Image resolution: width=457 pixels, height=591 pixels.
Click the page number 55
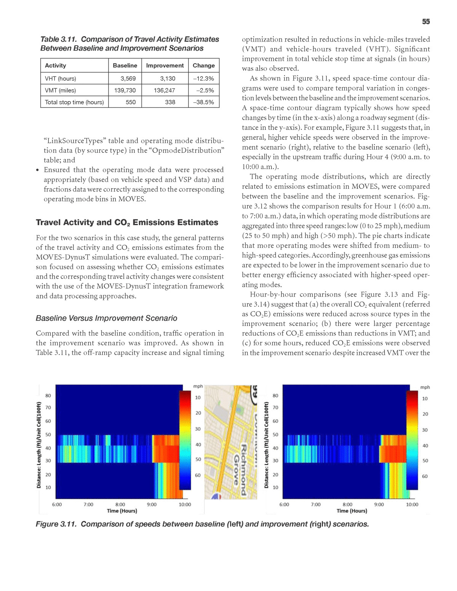[426, 22]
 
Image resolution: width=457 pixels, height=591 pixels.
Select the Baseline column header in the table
[125, 65]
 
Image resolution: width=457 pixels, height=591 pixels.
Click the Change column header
[204, 65]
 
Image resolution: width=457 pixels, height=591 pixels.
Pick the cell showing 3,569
[128, 78]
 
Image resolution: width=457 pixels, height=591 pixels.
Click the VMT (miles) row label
[61, 90]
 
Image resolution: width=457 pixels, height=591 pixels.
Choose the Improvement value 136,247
[165, 90]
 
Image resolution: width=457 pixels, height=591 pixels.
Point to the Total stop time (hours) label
[74, 102]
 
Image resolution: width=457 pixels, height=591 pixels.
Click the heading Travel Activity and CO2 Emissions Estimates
[127, 222]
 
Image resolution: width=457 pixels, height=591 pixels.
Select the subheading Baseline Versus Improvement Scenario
[106, 318]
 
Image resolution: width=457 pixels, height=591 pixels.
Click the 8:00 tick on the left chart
[120, 504]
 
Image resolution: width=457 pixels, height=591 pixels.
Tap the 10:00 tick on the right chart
[412, 504]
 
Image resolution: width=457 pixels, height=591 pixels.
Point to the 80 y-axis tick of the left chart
[48, 396]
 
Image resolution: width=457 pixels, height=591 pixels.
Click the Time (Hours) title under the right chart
[352, 511]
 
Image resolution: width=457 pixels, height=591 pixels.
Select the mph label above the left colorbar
[198, 387]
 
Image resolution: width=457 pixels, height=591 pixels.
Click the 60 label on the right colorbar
[425, 476]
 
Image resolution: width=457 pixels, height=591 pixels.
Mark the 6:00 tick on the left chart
[57, 504]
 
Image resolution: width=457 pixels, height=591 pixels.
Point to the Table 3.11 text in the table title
[59, 39]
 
